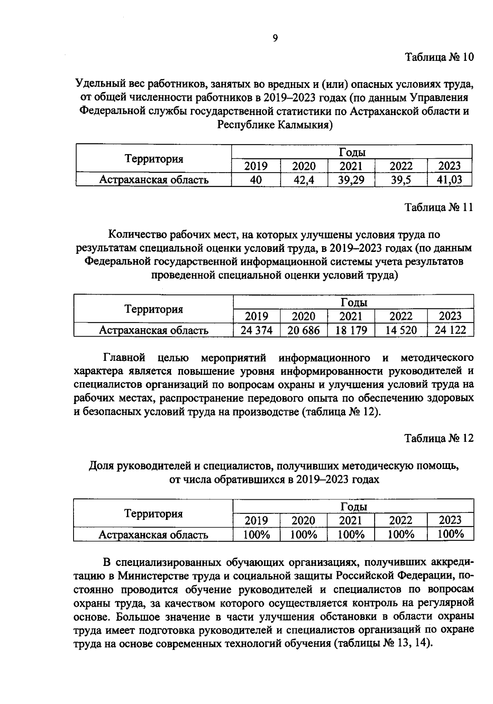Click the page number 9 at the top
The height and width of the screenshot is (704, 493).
275,38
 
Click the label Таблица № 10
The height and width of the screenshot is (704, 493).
439,57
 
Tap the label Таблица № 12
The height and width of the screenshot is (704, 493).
439,438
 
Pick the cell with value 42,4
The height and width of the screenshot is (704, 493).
304,180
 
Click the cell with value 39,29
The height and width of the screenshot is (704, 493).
351,180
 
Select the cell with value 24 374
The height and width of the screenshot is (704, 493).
256,330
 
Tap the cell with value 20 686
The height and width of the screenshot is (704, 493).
304,330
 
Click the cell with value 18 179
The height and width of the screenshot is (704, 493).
351,330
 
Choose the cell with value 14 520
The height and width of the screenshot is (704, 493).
401,330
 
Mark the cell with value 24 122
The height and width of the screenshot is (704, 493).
450,330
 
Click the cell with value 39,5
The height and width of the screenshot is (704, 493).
401,180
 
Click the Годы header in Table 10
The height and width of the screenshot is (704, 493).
352,152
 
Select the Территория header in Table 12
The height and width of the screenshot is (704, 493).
154,513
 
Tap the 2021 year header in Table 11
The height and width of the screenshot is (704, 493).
351,316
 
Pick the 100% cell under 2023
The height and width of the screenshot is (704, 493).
450,534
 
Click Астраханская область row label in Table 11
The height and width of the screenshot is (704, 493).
154,330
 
